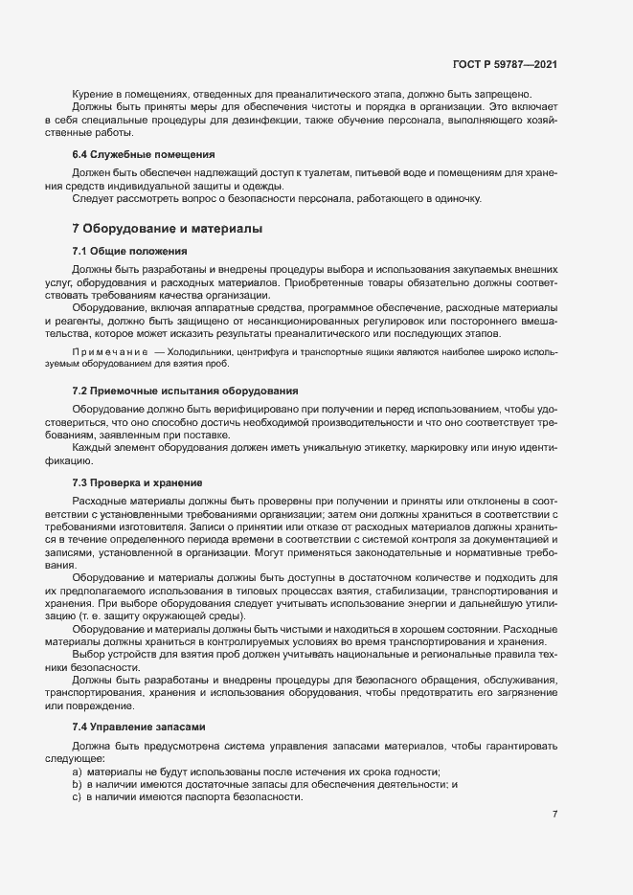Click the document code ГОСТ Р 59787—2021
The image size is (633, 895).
[505, 65]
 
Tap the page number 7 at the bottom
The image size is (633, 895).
[554, 814]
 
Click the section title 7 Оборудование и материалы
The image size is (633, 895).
[168, 229]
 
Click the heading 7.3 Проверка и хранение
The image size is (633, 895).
[137, 481]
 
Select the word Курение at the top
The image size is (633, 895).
[93, 93]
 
